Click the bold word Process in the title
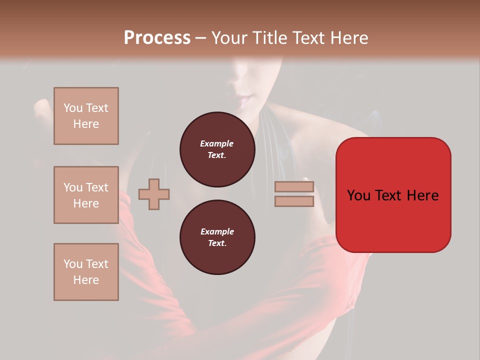click(x=157, y=38)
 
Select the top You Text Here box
click(x=86, y=116)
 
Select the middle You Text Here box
click(x=86, y=195)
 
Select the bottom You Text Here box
click(x=86, y=271)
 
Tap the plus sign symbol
click(x=154, y=194)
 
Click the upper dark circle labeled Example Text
click(x=217, y=149)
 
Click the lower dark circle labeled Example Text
click(x=217, y=237)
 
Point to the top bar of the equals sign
click(x=294, y=187)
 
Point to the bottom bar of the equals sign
click(x=294, y=201)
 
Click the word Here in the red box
click(x=422, y=195)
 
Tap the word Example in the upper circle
click(x=217, y=143)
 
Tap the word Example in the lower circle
click(x=217, y=231)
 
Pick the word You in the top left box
click(x=73, y=108)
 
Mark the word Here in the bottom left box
click(x=86, y=280)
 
